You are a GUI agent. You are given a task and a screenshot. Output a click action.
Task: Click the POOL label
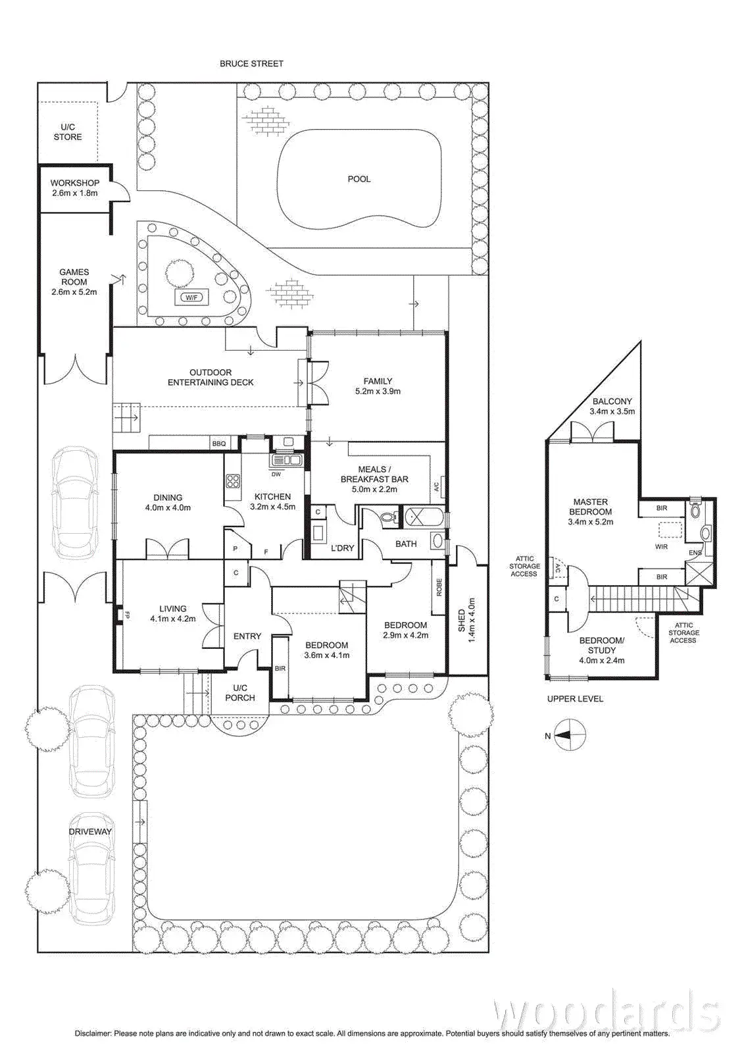coord(359,179)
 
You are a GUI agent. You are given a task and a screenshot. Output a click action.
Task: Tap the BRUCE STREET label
coord(251,64)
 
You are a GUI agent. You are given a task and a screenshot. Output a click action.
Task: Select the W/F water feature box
coord(191,297)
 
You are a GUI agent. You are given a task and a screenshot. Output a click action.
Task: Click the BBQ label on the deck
coord(218,444)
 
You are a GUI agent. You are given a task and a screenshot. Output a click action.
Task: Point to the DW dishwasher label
coord(276,474)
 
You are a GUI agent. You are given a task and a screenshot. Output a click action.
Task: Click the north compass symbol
coord(570,735)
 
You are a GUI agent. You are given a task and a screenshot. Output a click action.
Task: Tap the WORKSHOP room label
coord(75,183)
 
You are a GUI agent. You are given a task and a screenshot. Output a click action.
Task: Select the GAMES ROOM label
coord(74,276)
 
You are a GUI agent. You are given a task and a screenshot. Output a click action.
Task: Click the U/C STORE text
coord(68,132)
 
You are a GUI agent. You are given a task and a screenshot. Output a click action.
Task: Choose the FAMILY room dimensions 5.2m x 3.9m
coord(378,391)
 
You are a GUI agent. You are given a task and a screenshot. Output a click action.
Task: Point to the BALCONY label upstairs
coord(612,401)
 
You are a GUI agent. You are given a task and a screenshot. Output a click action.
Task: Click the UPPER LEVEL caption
coord(575,699)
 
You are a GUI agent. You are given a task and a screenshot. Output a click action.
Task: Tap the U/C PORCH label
coord(239,693)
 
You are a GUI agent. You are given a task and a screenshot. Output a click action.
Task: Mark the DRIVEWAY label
coord(90,831)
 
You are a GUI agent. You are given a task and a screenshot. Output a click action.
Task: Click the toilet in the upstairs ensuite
coord(696,510)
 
